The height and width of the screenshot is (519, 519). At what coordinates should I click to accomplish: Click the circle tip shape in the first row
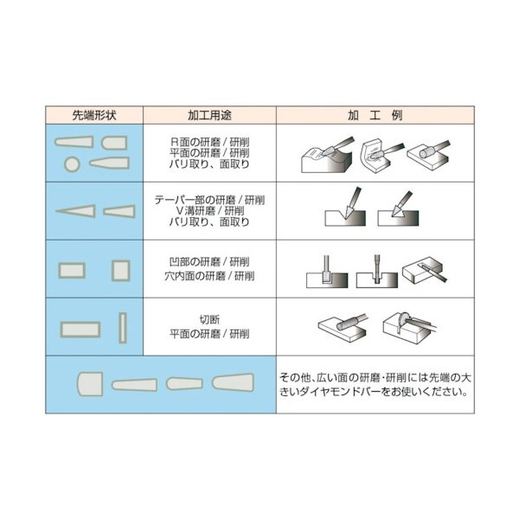73,163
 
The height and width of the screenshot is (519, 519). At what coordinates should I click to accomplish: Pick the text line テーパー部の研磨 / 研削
209,198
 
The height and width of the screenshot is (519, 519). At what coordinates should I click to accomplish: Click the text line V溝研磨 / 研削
209,210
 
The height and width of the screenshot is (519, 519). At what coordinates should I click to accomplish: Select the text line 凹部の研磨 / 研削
209,261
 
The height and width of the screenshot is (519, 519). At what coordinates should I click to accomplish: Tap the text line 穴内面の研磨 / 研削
209,276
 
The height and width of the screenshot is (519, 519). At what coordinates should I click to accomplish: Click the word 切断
209,320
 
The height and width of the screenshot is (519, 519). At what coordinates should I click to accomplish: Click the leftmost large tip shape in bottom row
89,383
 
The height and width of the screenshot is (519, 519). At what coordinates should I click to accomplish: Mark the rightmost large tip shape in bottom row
235,382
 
